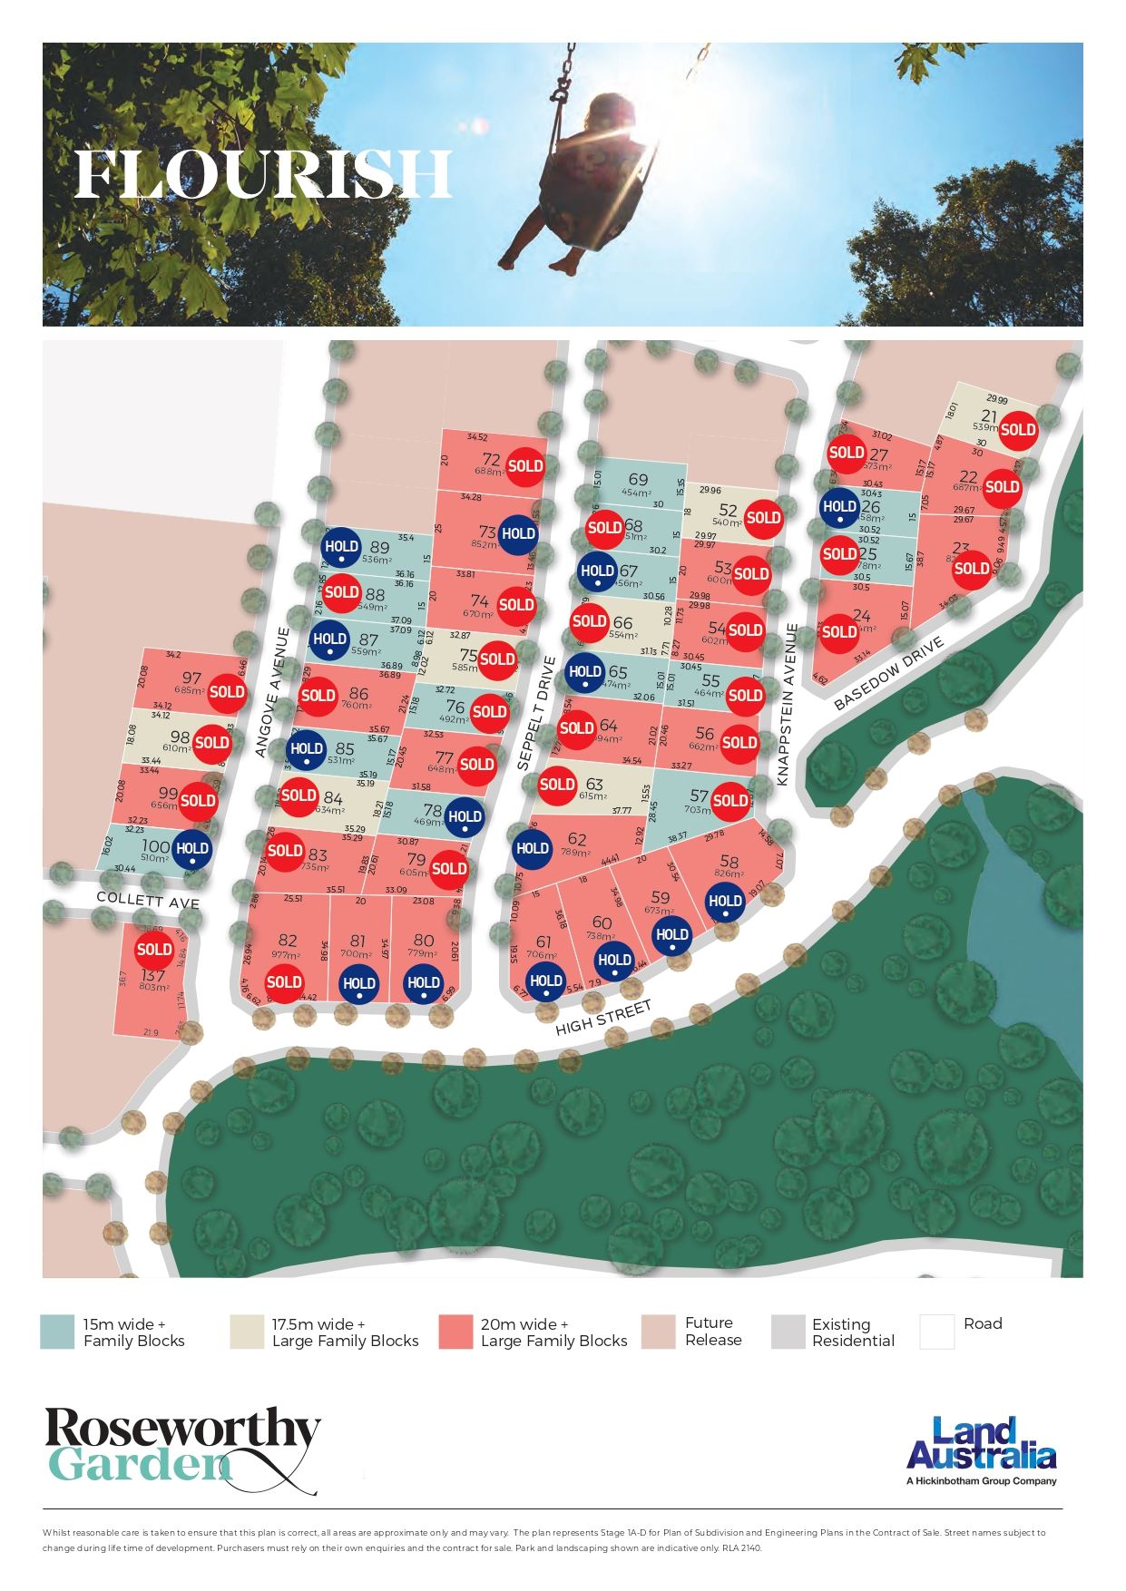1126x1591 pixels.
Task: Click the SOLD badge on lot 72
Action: point(525,466)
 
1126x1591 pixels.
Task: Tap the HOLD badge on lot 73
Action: point(518,533)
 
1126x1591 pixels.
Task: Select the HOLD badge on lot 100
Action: point(191,849)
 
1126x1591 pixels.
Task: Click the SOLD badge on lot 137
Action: point(153,950)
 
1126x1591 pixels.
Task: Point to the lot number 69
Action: point(638,481)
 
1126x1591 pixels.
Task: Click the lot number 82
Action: point(288,941)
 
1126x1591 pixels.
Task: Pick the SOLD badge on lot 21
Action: point(1017,430)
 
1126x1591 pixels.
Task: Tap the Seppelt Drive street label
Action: point(534,714)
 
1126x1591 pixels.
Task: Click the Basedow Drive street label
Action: point(889,672)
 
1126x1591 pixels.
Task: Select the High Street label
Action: point(603,1018)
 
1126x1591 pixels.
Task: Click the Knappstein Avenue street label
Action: point(787,705)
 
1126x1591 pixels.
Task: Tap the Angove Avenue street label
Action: point(271,692)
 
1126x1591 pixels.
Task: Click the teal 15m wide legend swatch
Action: point(57,1332)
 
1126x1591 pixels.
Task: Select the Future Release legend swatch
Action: point(658,1332)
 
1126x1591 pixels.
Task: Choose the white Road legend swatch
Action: point(936,1332)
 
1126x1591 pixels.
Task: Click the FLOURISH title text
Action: point(263,174)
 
